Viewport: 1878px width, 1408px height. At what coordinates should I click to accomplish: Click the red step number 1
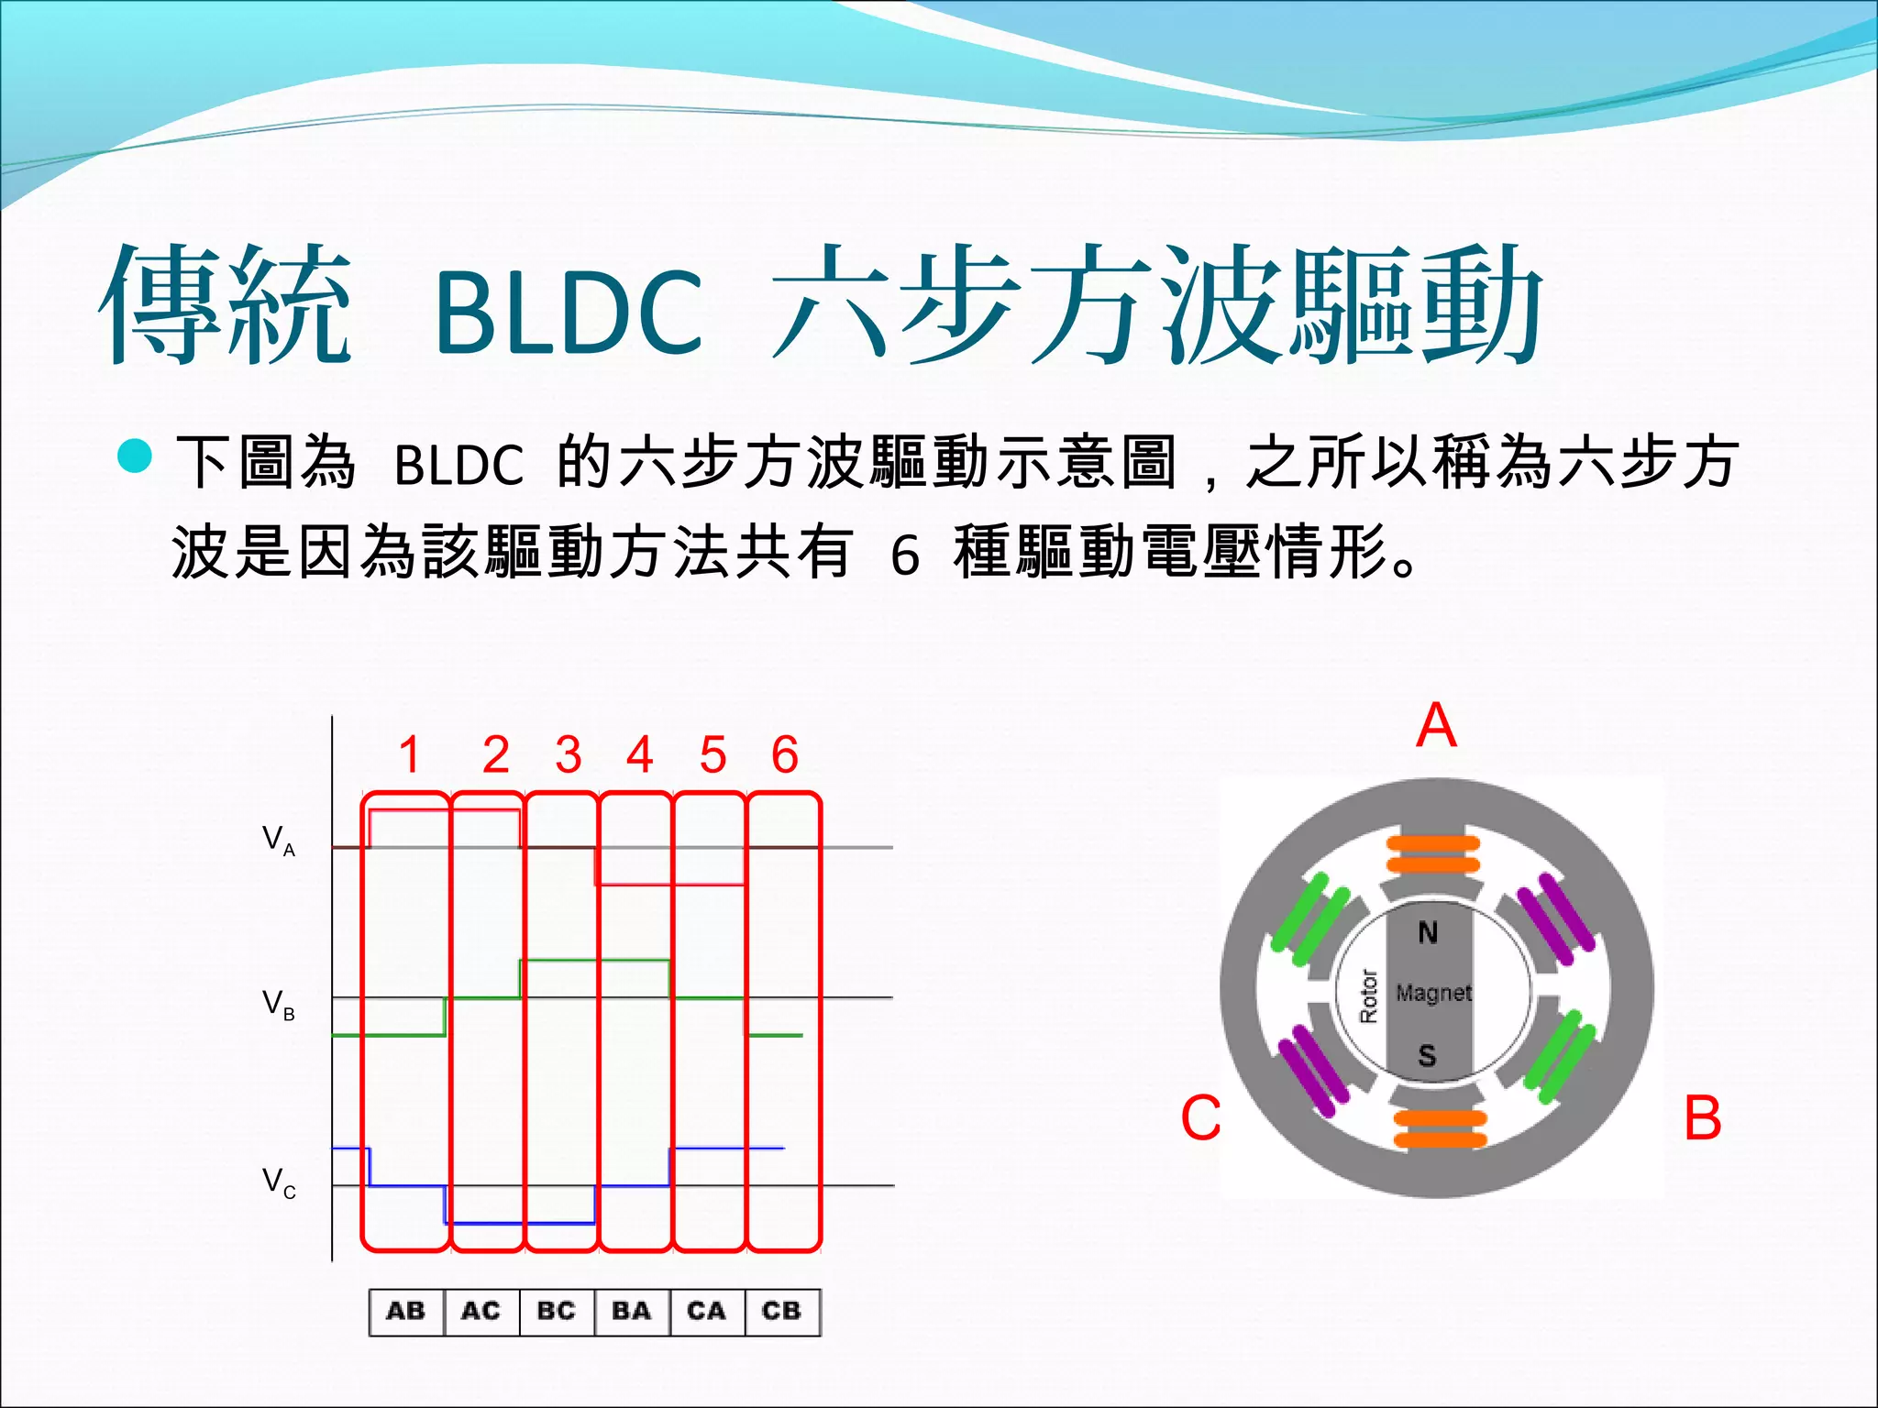pyautogui.click(x=409, y=755)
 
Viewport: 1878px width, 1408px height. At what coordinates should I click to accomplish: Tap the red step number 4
pyautogui.click(x=640, y=755)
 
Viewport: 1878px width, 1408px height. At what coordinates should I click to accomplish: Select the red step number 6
pyautogui.click(x=785, y=755)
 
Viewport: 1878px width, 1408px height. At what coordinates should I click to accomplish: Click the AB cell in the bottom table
pyautogui.click(x=406, y=1311)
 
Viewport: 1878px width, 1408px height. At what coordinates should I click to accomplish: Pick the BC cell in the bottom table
pyautogui.click(x=557, y=1311)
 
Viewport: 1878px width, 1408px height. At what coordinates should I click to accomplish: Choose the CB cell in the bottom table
pyautogui.click(x=781, y=1311)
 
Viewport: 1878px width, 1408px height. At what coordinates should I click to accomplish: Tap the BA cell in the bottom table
pyautogui.click(x=632, y=1311)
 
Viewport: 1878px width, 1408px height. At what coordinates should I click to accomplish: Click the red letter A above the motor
pyautogui.click(x=1436, y=726)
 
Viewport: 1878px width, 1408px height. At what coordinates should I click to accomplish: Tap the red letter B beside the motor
pyautogui.click(x=1703, y=1118)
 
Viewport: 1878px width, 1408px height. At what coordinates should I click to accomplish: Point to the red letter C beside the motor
pyautogui.click(x=1201, y=1118)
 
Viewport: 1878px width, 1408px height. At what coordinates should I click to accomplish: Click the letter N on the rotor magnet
pyautogui.click(x=1428, y=933)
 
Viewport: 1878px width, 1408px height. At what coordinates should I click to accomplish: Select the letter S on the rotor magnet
pyautogui.click(x=1427, y=1056)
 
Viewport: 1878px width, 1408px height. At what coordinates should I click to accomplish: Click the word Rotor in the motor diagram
pyautogui.click(x=1368, y=995)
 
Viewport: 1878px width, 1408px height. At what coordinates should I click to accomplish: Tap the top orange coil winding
pyautogui.click(x=1432, y=853)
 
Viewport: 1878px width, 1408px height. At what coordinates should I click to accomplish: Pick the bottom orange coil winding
pyautogui.click(x=1439, y=1128)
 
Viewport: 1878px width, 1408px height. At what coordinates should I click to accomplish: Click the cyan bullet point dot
pyautogui.click(x=136, y=456)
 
